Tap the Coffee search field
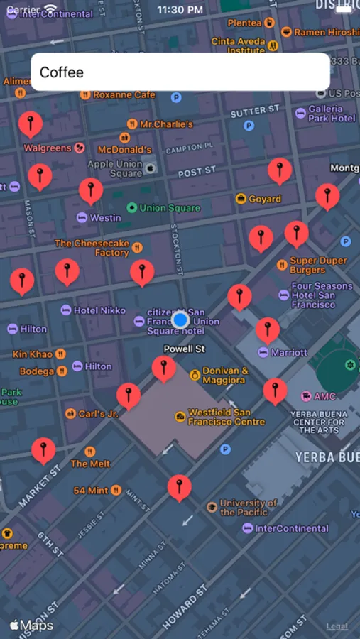180,72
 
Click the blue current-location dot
180,320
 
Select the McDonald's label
124,150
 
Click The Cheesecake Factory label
92,248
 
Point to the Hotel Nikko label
99,310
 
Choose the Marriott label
288,352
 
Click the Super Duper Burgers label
317,265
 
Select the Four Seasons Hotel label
322,295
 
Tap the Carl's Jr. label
98,413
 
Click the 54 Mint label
91,491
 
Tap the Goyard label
264,199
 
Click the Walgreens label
48,148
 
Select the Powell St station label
184,349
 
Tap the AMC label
324,396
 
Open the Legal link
337,626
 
